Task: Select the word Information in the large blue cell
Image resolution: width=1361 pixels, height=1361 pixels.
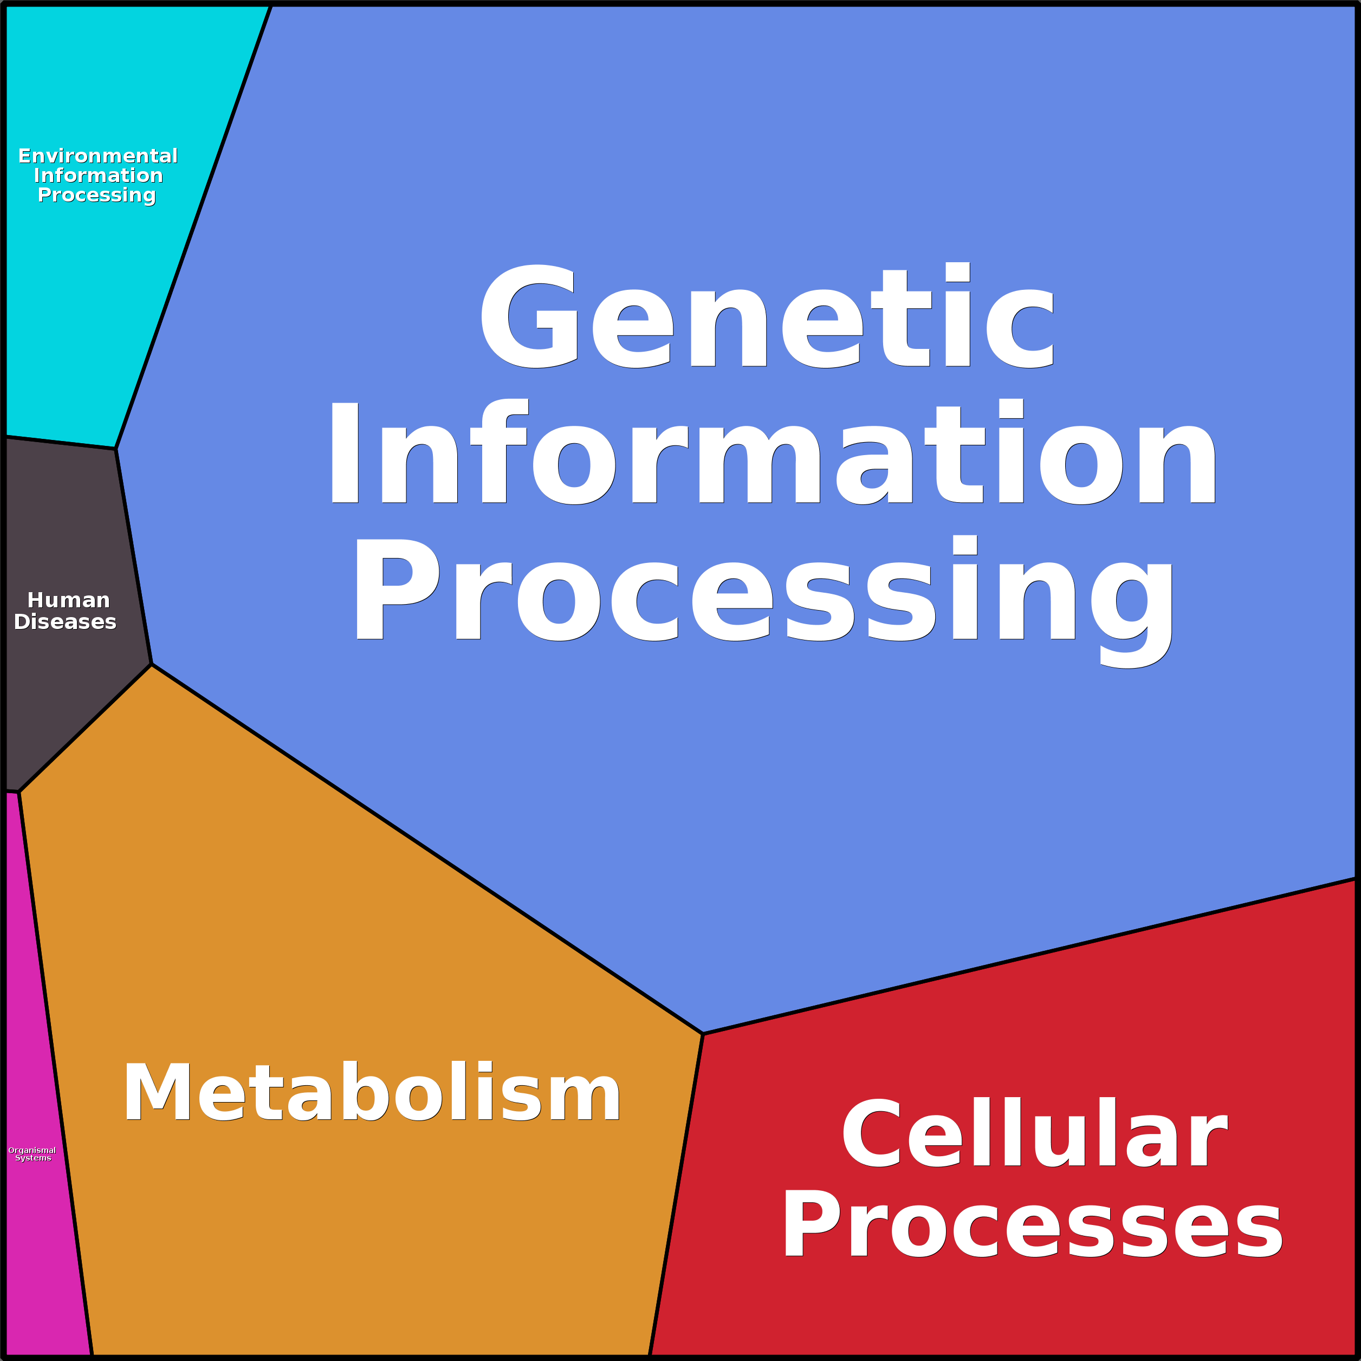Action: tap(772, 455)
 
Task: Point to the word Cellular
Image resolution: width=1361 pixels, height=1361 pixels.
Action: tap(1035, 1133)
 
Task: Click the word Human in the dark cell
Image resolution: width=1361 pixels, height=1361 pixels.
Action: tap(68, 600)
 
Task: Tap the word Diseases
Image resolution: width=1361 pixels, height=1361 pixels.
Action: tap(65, 622)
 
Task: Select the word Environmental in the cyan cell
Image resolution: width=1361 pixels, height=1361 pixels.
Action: tap(98, 155)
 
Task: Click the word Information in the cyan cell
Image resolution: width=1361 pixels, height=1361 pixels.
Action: tap(98, 176)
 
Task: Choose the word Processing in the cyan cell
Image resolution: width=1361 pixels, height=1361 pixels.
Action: tap(96, 195)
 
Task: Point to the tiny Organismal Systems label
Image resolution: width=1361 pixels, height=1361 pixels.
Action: tap(33, 1154)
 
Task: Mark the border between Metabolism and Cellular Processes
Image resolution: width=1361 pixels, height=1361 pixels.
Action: tap(676, 1194)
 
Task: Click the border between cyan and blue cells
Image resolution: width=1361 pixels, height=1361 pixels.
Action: tap(194, 227)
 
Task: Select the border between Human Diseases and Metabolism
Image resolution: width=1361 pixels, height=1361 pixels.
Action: tap(85, 728)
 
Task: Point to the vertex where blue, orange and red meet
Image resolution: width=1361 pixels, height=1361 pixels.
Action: tap(703, 1034)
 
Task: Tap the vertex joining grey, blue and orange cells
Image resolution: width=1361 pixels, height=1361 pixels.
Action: tap(152, 664)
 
